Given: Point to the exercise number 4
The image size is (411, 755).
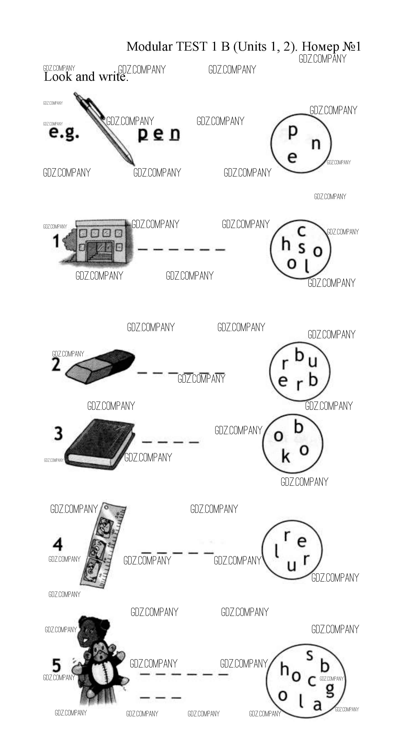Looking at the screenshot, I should [x=57, y=545].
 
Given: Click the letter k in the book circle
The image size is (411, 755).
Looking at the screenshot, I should [x=285, y=457].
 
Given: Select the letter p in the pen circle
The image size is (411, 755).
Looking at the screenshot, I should [x=293, y=132].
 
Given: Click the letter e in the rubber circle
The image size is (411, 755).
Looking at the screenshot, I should [x=282, y=381].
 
